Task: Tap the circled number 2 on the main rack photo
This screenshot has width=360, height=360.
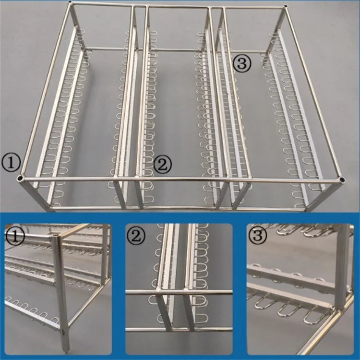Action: click(162, 164)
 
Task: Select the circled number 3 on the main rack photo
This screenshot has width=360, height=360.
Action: click(242, 63)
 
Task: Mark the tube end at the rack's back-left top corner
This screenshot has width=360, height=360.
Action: click(71, 5)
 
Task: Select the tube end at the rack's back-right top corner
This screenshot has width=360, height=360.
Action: click(286, 7)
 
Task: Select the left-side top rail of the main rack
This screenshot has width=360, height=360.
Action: click(46, 91)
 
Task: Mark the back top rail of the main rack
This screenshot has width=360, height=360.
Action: click(178, 6)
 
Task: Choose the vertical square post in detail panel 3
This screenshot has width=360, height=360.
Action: click(343, 269)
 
